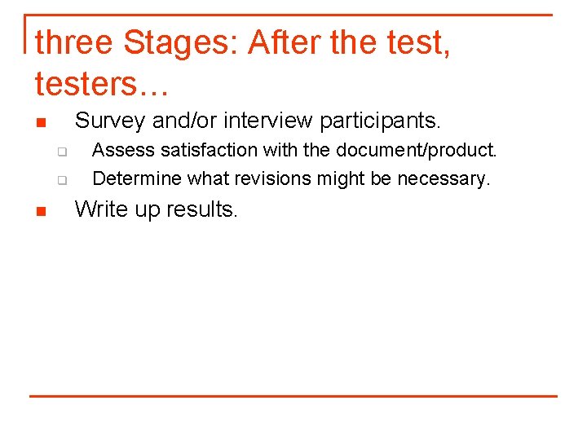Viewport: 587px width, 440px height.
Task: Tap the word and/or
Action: pos(185,121)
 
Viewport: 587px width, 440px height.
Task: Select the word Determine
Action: pos(138,178)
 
